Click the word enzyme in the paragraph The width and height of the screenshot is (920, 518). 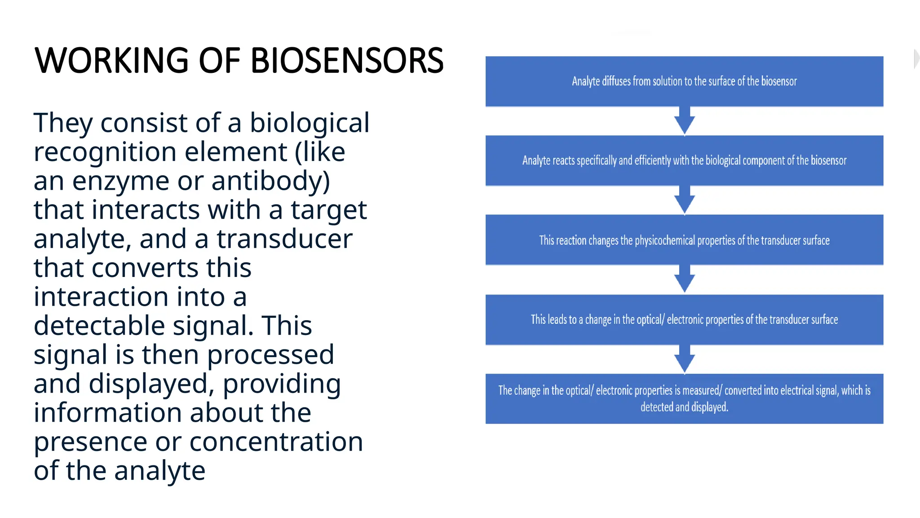pos(121,181)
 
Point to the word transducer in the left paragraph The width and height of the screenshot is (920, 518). pos(284,239)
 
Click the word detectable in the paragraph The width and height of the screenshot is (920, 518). pos(99,326)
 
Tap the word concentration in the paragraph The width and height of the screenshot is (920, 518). pos(276,442)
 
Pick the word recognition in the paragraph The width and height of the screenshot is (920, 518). pos(105,152)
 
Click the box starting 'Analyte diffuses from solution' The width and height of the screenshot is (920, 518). pos(684,81)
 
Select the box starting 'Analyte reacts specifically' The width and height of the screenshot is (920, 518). pos(684,161)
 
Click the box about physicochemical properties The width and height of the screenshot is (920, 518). pos(684,240)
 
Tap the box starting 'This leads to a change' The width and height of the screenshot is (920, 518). pos(684,320)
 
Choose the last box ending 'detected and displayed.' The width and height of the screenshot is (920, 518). pos(684,399)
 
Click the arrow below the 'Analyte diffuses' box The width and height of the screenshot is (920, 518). pos(684,121)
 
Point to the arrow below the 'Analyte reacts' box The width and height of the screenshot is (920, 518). pos(684,201)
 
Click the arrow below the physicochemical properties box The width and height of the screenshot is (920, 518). pos(684,280)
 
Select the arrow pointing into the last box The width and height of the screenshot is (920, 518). pos(684,359)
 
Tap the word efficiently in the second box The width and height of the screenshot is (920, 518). pos(652,161)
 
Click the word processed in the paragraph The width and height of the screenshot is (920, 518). pos(270,355)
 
